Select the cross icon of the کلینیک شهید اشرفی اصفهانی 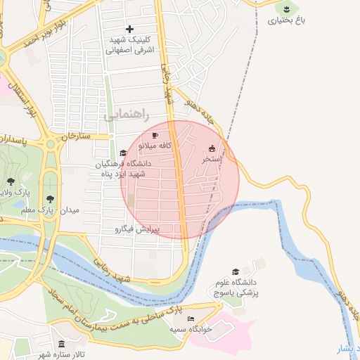coord(129,28)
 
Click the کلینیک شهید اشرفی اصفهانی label coord(129,45)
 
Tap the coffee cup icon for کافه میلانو coord(155,135)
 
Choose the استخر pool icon coord(212,148)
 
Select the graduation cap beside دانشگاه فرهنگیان coord(123,153)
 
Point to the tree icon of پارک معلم coord(50,199)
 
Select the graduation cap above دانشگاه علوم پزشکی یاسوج coord(236,271)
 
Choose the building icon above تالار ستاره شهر coord(63,344)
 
